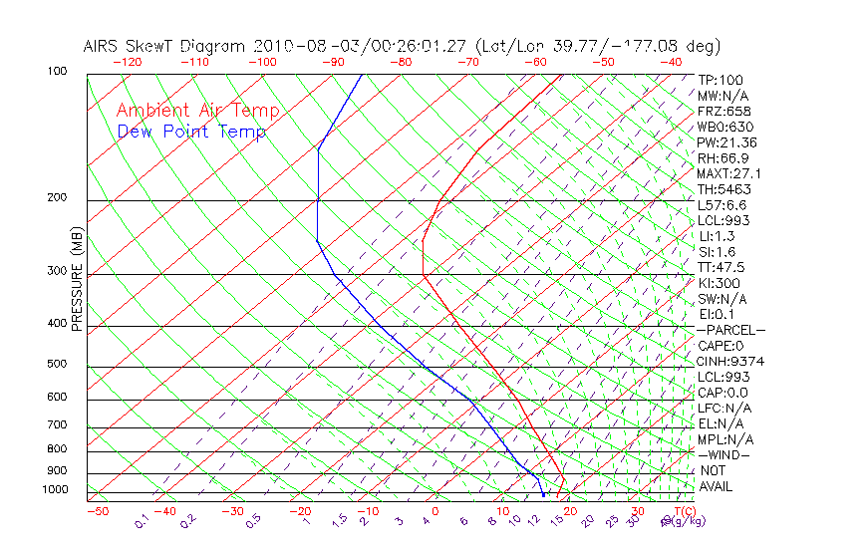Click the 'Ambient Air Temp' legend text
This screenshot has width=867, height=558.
tap(197, 111)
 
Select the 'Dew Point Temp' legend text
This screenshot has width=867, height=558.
tap(191, 132)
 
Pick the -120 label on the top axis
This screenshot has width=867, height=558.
tap(128, 62)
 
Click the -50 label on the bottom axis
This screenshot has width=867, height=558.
tap(97, 511)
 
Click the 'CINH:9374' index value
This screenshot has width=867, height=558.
tap(730, 361)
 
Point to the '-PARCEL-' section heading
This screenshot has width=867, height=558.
tap(730, 330)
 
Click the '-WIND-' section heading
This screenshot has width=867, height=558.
tap(723, 454)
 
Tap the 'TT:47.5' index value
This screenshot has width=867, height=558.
tap(722, 267)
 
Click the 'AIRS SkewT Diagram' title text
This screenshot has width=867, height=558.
tap(165, 47)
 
